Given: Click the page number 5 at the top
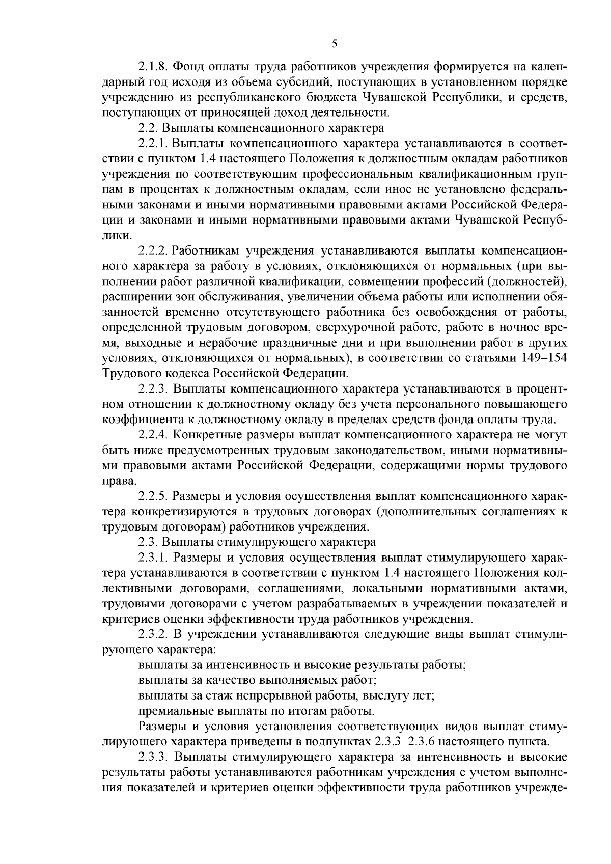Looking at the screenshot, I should pos(334,44).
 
